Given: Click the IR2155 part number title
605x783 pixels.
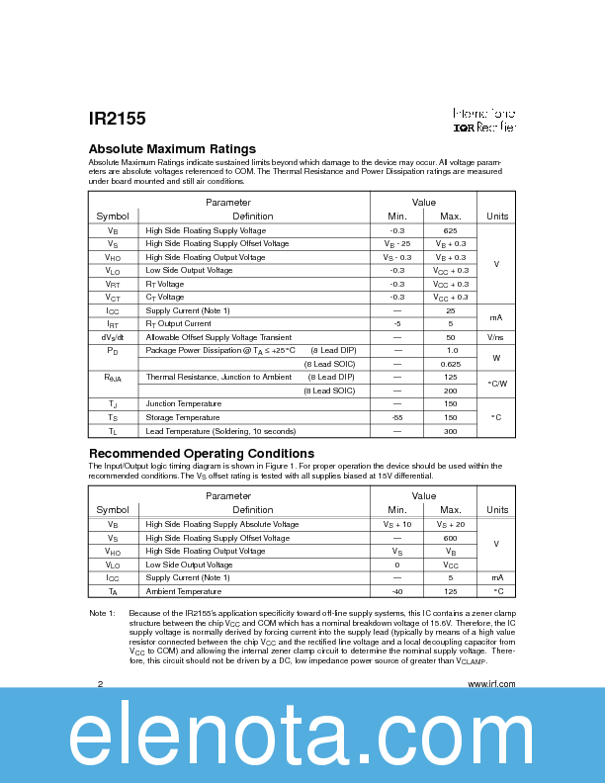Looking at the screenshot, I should coord(117,119).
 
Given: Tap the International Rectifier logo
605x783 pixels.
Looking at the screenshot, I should coord(484,121).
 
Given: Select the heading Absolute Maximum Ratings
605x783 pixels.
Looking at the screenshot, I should coord(172,149).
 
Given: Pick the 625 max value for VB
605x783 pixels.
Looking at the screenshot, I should coord(450,229).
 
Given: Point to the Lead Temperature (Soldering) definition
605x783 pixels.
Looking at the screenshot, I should coord(220,431).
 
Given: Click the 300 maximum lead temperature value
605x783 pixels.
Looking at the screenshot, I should coord(450,431).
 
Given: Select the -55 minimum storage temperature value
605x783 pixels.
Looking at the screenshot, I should coord(397,417).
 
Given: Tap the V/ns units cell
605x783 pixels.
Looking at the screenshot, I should coord(496,337).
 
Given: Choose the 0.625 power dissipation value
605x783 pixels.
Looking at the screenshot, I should coord(450,364).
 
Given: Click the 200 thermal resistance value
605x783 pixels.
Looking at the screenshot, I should coord(450,391).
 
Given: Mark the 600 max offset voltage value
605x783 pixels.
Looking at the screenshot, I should coord(450,538).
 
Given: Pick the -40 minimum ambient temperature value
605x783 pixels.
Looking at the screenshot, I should coord(397,591).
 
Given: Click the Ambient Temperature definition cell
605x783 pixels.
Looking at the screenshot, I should coord(184,591).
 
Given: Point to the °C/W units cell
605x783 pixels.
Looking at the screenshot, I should coord(496,384).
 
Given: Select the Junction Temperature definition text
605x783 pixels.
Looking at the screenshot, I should coord(184,403).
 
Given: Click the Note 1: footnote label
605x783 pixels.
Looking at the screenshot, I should coord(104,614).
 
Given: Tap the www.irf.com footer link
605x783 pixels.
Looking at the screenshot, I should coord(490,684).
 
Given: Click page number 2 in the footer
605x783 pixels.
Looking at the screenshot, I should coord(100,684).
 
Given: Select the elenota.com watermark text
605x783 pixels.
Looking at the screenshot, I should coord(302,737).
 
